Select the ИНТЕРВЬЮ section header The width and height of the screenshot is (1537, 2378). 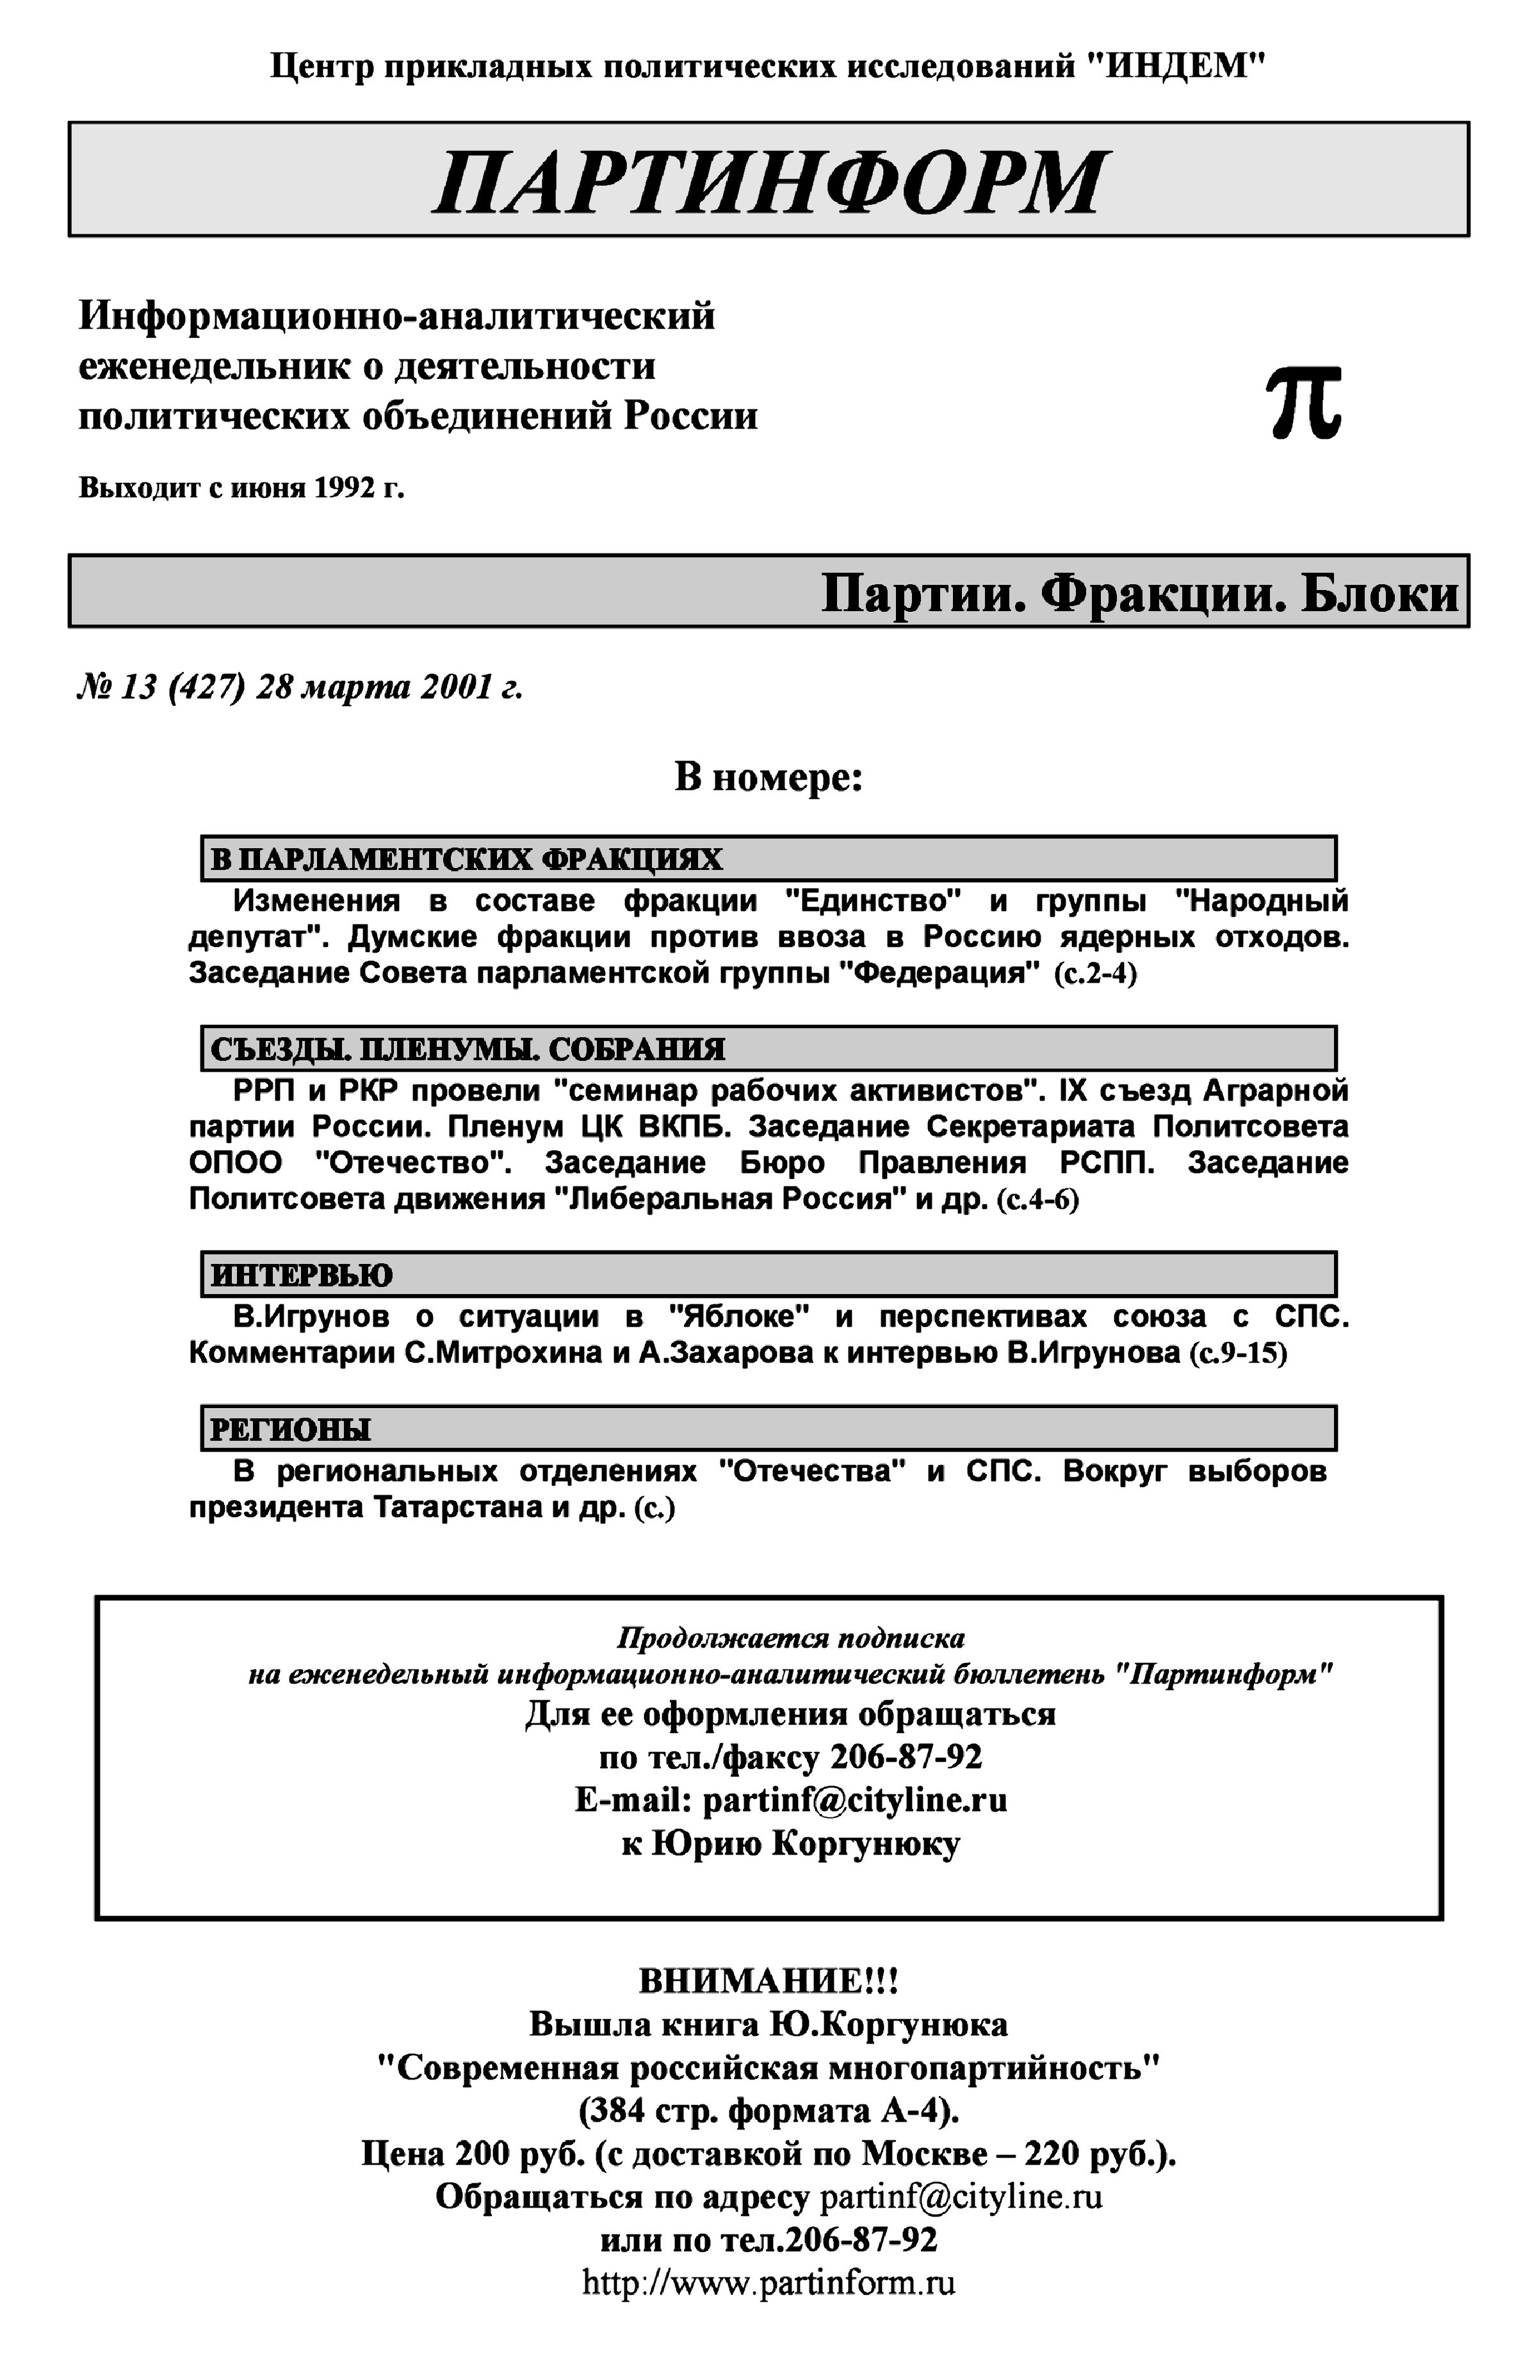(x=302, y=1275)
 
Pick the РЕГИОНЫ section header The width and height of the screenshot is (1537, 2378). (x=291, y=1430)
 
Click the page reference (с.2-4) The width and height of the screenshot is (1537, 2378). (x=1095, y=973)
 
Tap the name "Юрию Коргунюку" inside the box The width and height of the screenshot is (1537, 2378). (x=806, y=1844)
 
